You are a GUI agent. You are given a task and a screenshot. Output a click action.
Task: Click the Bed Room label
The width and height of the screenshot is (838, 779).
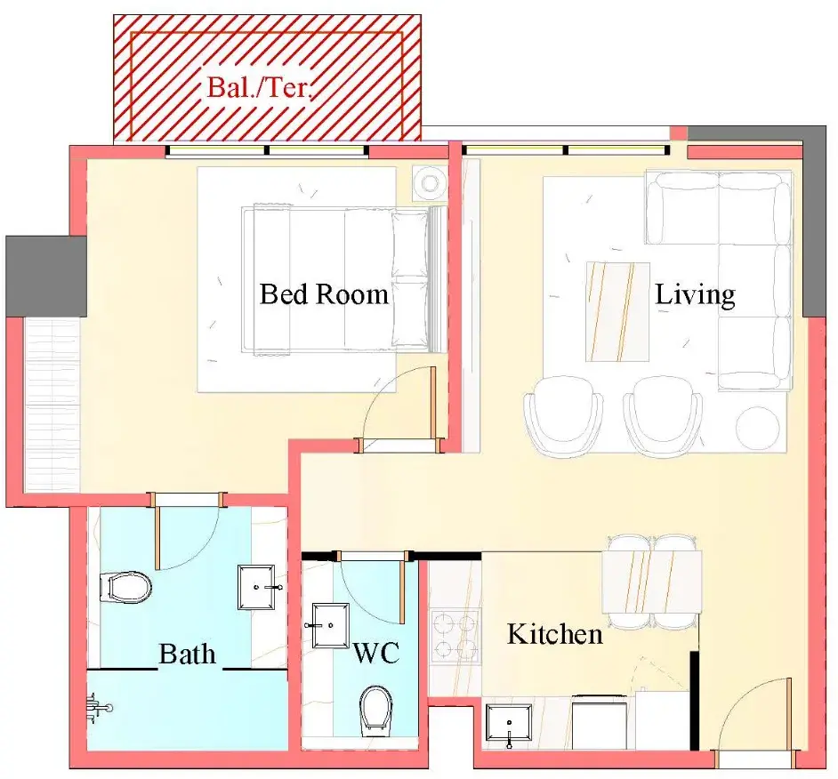click(x=323, y=294)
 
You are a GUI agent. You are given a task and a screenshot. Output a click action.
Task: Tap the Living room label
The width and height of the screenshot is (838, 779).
click(x=695, y=295)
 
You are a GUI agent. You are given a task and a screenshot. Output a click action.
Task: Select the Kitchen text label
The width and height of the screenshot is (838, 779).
click(x=555, y=634)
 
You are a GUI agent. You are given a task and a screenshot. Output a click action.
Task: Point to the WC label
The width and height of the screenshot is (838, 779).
click(x=375, y=653)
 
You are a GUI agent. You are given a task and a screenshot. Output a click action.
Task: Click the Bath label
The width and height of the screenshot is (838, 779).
click(x=187, y=654)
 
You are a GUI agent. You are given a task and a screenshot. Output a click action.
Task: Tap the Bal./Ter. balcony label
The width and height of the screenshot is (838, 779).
click(x=259, y=87)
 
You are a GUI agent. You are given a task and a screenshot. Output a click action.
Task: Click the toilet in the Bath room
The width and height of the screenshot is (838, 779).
click(x=125, y=587)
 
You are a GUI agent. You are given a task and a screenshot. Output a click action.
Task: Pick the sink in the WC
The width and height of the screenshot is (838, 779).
click(x=327, y=626)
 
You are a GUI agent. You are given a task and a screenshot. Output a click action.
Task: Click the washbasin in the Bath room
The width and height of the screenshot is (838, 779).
click(x=258, y=587)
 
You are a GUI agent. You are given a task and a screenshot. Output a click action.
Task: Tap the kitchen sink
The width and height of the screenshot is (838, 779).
click(x=509, y=724)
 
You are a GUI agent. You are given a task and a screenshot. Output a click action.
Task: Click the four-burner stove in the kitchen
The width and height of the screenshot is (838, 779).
click(x=455, y=635)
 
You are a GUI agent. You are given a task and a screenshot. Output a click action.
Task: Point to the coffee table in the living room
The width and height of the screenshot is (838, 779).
click(x=617, y=311)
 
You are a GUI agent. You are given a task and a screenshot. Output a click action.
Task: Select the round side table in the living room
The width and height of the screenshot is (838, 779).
click(x=757, y=428)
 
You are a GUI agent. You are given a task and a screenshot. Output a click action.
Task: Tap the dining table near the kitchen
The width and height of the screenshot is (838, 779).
click(x=651, y=582)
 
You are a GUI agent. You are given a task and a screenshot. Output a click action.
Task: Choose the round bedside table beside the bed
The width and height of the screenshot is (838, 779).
click(x=430, y=183)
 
